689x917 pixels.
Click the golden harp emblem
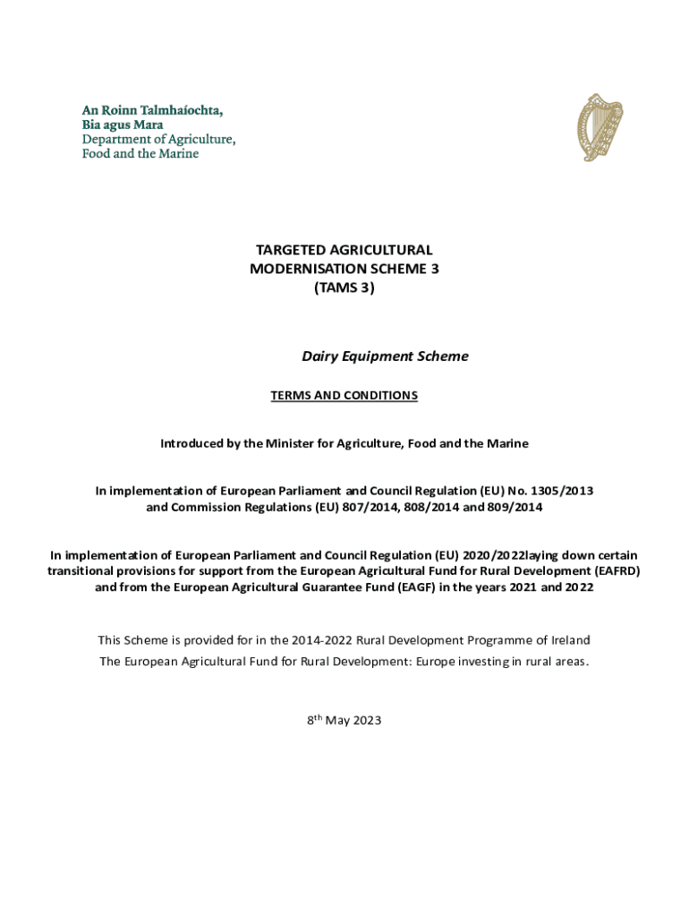point(600,129)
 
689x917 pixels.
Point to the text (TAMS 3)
point(344,287)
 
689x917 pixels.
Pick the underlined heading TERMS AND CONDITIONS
point(344,396)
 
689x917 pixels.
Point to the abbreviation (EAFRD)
point(614,571)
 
